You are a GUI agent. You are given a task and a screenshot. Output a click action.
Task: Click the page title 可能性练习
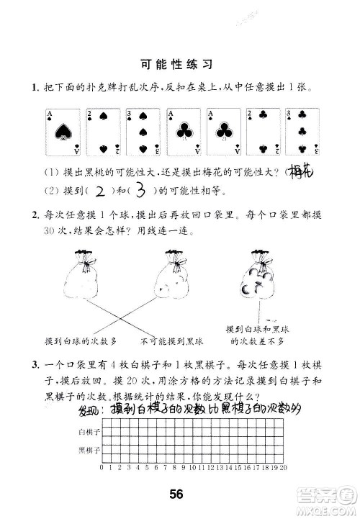(x=176, y=63)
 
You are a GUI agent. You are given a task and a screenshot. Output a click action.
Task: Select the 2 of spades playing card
(x=102, y=132)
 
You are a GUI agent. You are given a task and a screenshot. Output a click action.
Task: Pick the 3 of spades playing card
(x=143, y=132)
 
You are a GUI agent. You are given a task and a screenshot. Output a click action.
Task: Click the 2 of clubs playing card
(x=264, y=132)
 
